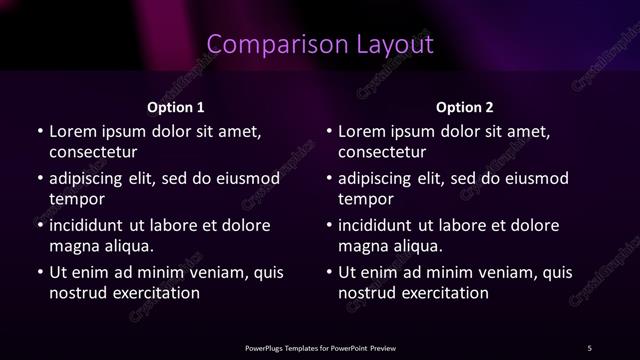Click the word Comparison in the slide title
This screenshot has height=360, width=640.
266,45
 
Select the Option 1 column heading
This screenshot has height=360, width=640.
176,107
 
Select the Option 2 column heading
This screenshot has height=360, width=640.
465,107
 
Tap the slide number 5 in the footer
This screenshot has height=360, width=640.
589,348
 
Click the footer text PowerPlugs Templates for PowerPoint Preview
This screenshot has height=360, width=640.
320,348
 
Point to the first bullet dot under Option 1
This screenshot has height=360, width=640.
39,132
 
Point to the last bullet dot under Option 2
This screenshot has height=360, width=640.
328,273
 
